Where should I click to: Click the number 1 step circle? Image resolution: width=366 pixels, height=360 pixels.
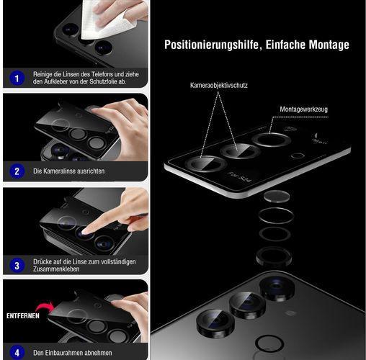(x=16, y=77)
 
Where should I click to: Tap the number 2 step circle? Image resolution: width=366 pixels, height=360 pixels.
(x=16, y=171)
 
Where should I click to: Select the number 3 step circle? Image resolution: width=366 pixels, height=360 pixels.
(x=16, y=264)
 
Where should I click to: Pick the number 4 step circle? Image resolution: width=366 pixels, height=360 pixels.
(x=16, y=352)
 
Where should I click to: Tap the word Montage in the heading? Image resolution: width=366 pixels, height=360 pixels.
(x=326, y=45)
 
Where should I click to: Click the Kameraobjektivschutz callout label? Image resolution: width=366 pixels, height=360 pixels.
(x=218, y=86)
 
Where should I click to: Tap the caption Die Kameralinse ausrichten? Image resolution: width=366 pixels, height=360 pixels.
(x=69, y=171)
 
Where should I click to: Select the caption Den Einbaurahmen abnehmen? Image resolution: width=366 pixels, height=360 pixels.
(x=72, y=352)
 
